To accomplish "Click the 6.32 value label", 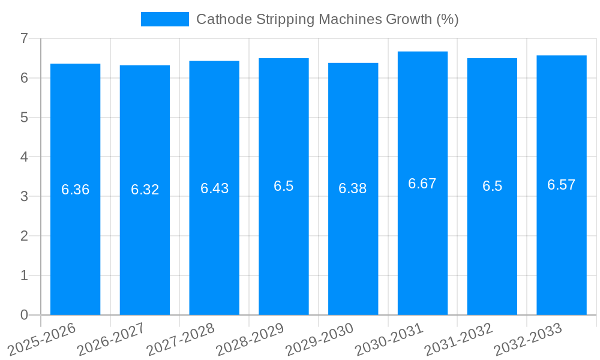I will [145, 190].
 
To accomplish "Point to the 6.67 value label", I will [422, 184].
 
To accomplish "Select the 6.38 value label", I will [353, 188].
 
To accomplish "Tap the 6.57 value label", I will [562, 185].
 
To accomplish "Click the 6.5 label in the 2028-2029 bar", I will [284, 186].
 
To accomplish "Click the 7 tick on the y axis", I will [24, 38].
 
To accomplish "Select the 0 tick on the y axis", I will [24, 315].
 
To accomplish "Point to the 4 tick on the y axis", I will [24, 157].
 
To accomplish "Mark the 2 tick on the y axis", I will [24, 236].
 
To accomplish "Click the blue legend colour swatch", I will [165, 19].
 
